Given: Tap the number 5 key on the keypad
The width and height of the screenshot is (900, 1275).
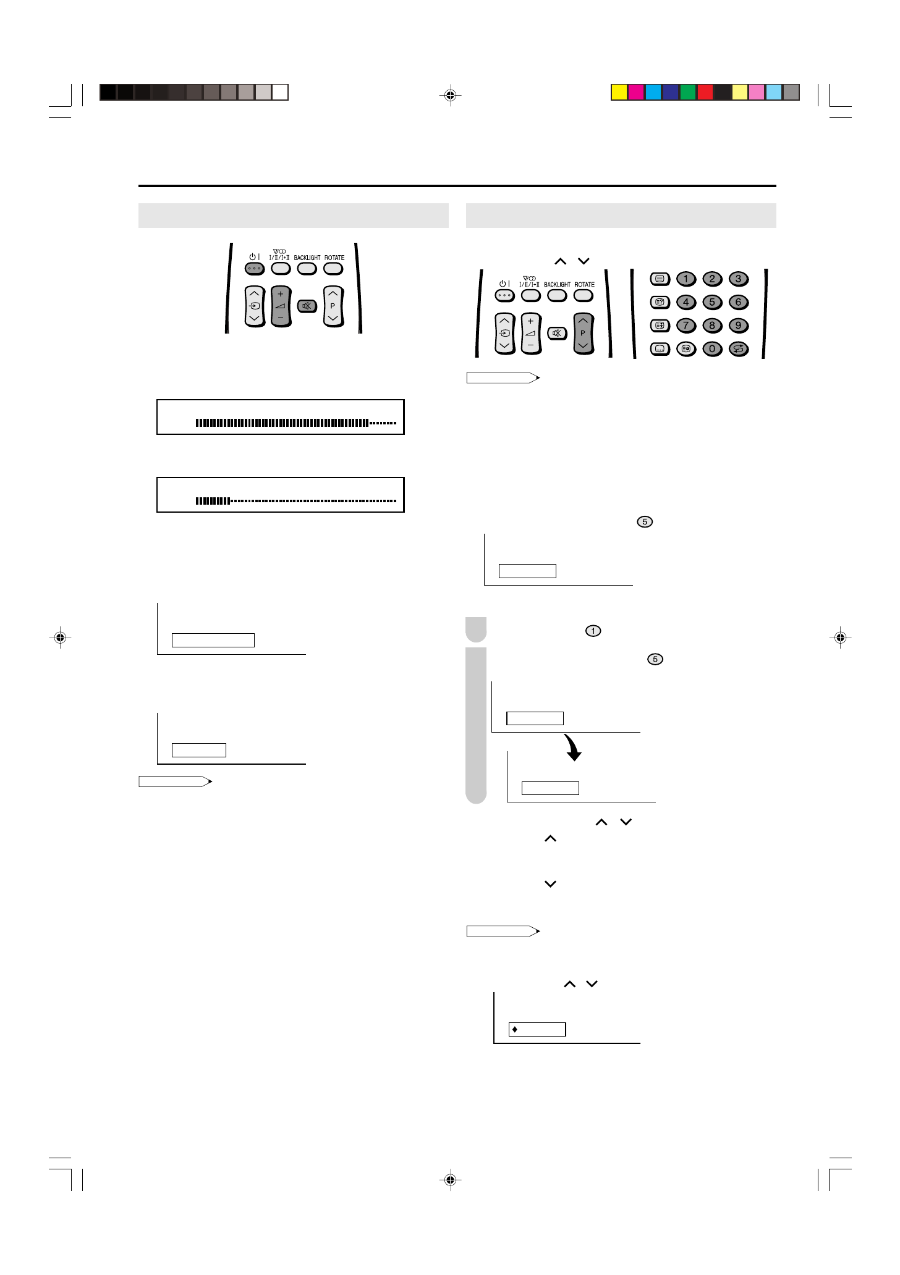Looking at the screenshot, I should pos(712,303).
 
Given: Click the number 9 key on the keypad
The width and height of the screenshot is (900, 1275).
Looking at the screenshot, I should pos(738,326).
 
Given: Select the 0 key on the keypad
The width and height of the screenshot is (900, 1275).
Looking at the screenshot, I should pos(712,349).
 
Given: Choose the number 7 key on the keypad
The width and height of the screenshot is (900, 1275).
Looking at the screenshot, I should pos(686,326).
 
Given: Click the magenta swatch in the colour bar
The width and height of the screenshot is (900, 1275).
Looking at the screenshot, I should pos(636,93).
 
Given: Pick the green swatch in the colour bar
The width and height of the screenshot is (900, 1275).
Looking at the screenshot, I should pos(688,93).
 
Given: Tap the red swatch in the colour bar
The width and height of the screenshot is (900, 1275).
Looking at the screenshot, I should pos(705,93).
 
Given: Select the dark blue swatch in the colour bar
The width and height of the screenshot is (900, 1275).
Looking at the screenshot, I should pos(671,93).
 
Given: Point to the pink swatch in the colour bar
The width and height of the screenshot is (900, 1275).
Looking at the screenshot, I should pos(757,93).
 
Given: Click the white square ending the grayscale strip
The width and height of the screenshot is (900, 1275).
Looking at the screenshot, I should pos(280,93).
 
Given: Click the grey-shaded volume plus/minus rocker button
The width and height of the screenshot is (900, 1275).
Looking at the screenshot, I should pos(281,306).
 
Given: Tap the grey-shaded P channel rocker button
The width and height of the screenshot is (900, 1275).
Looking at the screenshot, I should pos(583,334).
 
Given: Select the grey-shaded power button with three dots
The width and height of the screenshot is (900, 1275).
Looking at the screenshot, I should pos(255,269).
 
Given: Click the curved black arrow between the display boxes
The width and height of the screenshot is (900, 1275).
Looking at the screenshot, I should pos(573,747).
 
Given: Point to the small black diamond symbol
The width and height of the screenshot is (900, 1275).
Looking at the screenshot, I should pos(515,1030).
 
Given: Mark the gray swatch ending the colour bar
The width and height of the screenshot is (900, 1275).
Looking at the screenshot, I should pos(791,93).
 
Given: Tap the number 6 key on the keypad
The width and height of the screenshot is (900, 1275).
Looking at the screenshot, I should pos(738,303).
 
